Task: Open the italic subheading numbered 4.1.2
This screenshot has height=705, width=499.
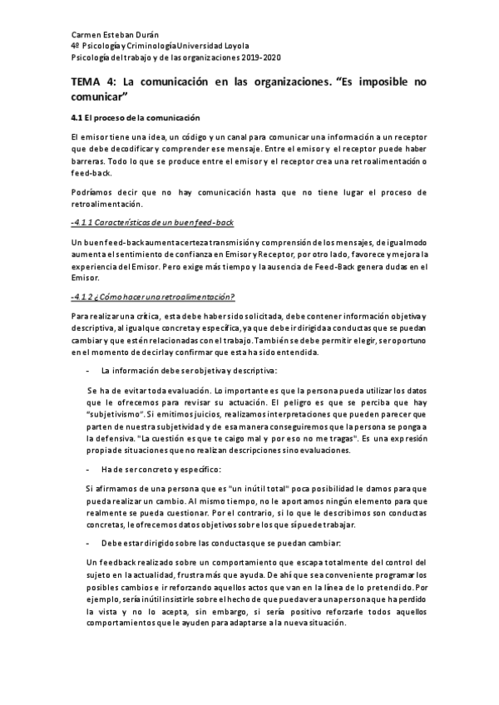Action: click(153, 297)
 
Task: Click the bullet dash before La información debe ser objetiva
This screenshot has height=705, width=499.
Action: click(87, 369)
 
